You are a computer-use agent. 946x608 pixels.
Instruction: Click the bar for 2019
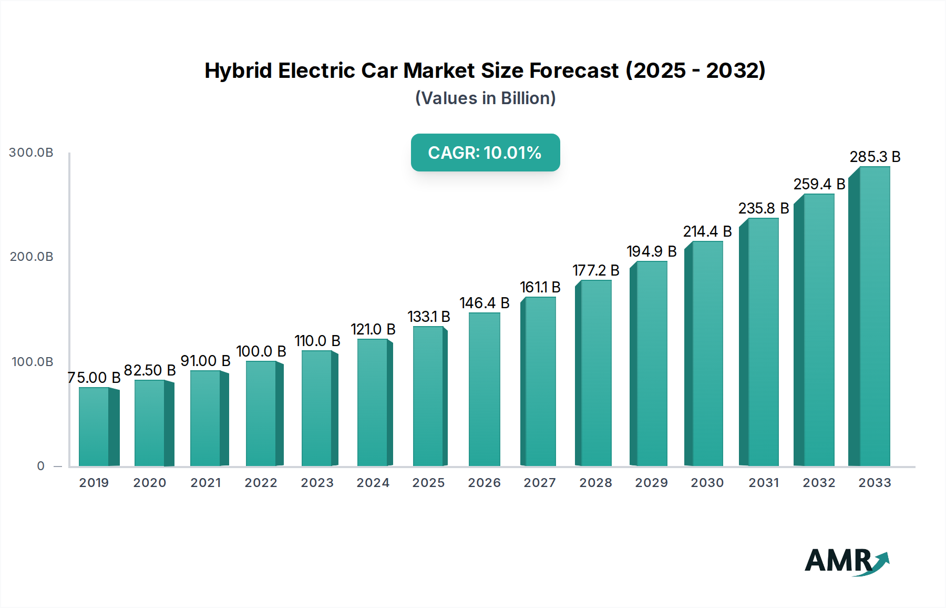[x=95, y=427]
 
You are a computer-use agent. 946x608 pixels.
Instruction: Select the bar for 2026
[x=484, y=389]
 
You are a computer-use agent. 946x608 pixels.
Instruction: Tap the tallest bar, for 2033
[x=874, y=316]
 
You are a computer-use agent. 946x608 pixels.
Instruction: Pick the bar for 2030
[x=707, y=353]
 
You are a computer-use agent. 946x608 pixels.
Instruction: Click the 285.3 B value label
[x=875, y=157]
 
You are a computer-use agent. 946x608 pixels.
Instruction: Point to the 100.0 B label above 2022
[x=261, y=351]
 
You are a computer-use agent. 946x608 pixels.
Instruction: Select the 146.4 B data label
[x=485, y=303]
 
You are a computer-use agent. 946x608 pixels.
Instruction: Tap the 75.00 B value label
[x=95, y=378]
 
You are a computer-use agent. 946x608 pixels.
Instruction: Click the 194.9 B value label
[x=652, y=251]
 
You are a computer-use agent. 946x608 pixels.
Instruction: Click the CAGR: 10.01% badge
[x=485, y=153]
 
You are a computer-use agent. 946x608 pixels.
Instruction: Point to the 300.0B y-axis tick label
[x=31, y=153]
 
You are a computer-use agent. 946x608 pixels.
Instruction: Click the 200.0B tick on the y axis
[x=32, y=257]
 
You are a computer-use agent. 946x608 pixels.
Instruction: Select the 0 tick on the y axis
[x=41, y=466]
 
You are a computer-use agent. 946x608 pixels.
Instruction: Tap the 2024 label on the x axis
[x=373, y=483]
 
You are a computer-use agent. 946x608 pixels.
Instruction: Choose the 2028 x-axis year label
[x=595, y=483]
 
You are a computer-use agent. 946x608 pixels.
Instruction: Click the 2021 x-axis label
[x=205, y=483]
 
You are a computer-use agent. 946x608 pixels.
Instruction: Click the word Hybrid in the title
[x=238, y=70]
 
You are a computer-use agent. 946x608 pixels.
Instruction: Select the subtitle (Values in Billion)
[x=485, y=98]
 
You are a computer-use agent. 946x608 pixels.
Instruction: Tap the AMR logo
[x=846, y=561]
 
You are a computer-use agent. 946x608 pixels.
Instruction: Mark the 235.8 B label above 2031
[x=764, y=208]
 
